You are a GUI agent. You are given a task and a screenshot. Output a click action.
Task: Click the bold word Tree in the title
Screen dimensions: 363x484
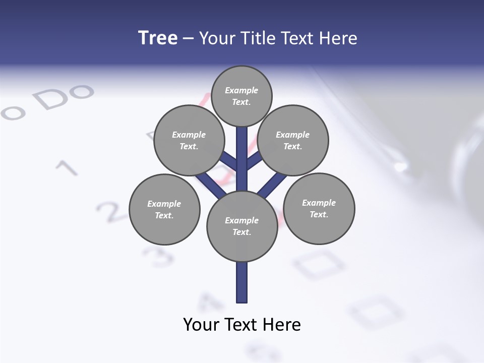coord(158,38)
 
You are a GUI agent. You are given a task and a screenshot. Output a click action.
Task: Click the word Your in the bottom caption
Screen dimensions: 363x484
coord(201,325)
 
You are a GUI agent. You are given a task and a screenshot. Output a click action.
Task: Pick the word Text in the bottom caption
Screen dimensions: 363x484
coord(241,325)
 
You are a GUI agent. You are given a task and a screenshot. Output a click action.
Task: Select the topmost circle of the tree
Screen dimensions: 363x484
coord(241,96)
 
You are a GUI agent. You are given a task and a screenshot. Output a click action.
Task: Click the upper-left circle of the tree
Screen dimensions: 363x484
coord(189,140)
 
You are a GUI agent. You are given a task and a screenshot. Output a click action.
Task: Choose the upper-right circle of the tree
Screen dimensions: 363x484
coord(293,140)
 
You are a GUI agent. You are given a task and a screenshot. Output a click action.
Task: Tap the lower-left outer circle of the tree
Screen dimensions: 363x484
coord(164,209)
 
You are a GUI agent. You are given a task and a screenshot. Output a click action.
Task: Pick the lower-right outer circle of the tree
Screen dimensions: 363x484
coord(319,208)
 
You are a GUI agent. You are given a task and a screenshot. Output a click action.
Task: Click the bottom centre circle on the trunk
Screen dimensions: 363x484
coord(242,226)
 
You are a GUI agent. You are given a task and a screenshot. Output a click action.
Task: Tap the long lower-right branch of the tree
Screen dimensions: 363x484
coord(272,184)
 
